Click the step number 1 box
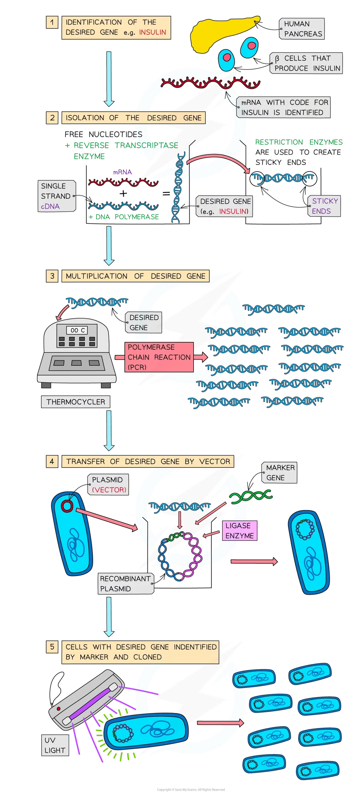[x=52, y=23]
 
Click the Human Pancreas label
[x=302, y=29]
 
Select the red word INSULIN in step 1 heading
[x=153, y=32]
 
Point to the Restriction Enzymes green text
[x=299, y=142]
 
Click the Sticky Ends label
[x=324, y=206]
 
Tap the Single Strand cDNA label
[x=56, y=196]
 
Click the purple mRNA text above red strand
[x=122, y=172]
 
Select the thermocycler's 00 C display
[x=77, y=330]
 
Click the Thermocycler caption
[x=76, y=402]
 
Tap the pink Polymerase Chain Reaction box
[x=159, y=357]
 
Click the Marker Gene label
[x=280, y=473]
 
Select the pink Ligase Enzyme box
[x=239, y=531]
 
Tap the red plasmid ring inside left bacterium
[x=67, y=506]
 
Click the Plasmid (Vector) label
[x=108, y=485]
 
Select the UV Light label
[x=55, y=745]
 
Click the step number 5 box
[x=52, y=647]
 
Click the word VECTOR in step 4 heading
[x=215, y=461]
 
